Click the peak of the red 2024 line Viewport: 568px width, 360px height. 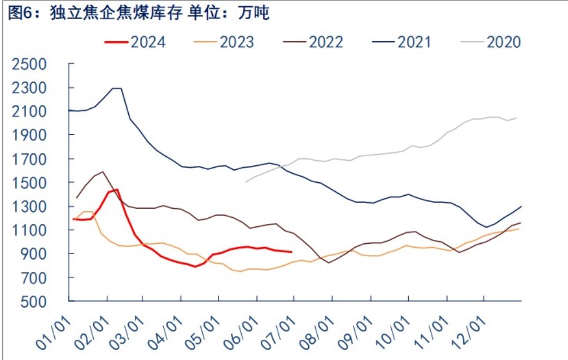click(x=117, y=190)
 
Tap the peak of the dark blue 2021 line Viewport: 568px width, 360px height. click(x=117, y=88)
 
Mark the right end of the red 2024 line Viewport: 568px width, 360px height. click(x=291, y=252)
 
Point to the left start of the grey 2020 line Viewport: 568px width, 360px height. click(x=245, y=182)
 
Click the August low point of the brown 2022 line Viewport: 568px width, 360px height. click(x=329, y=262)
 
